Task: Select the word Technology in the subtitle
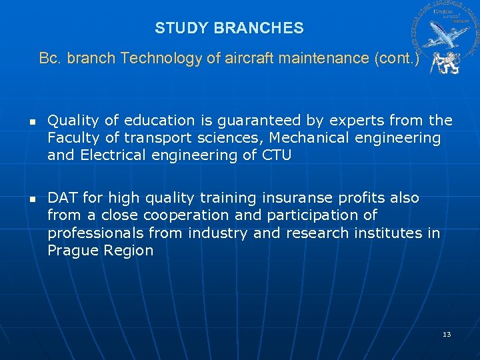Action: tap(161, 59)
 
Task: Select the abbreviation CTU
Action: tap(276, 155)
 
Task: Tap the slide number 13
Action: tap(447, 333)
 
